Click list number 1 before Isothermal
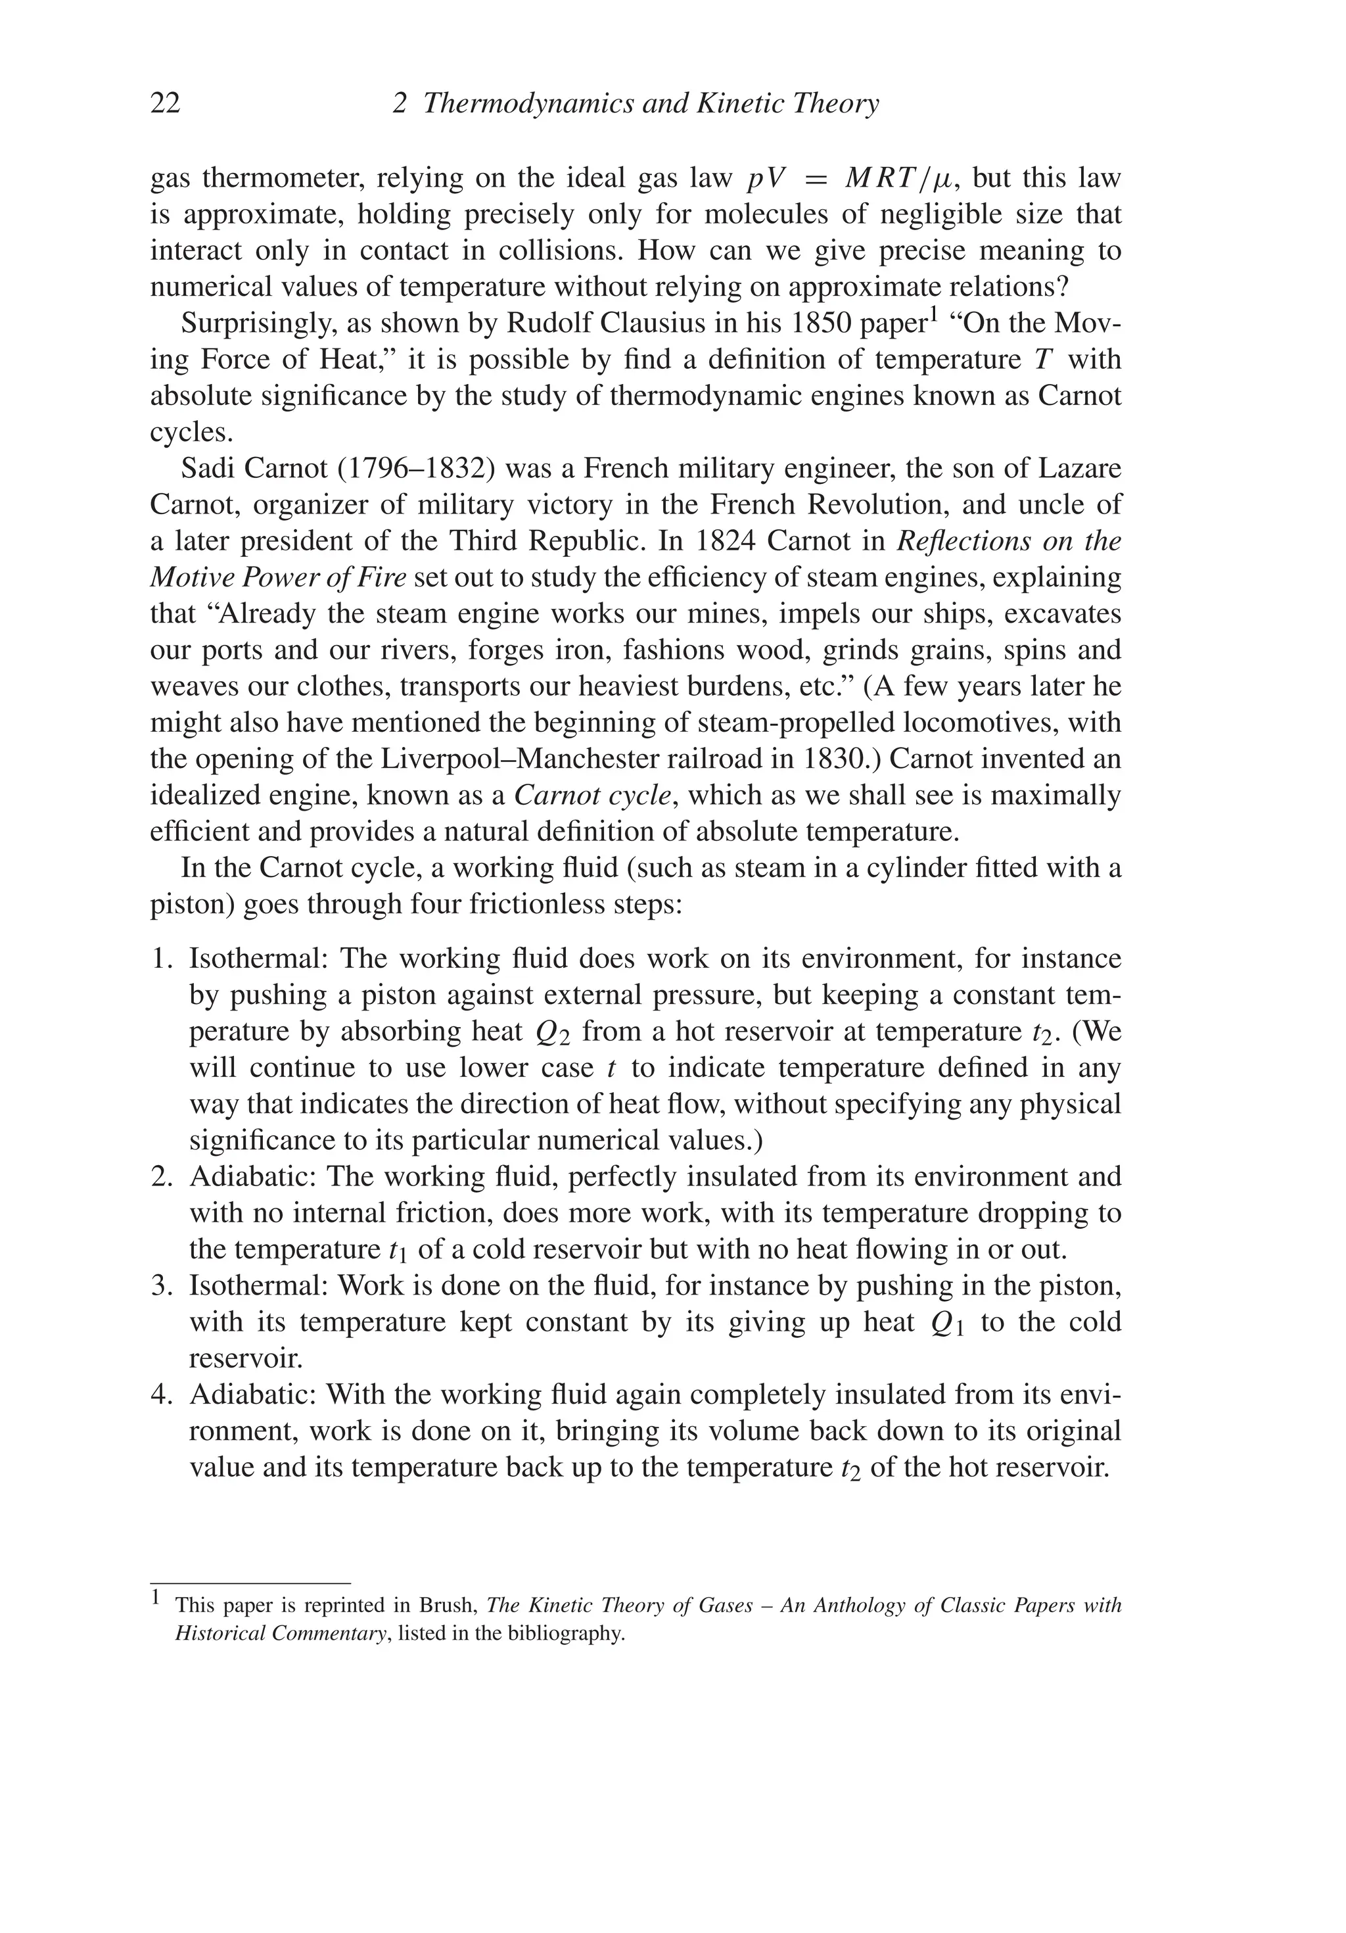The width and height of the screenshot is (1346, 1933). coord(160,959)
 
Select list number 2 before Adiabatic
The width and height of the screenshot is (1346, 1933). coord(160,1176)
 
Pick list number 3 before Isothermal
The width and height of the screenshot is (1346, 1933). coord(160,1285)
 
